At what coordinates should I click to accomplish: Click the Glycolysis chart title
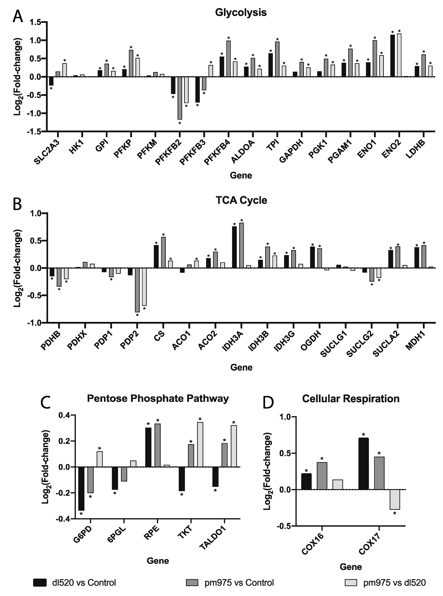click(241, 13)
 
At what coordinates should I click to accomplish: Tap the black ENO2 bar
click(393, 56)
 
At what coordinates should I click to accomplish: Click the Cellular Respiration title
click(351, 399)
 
